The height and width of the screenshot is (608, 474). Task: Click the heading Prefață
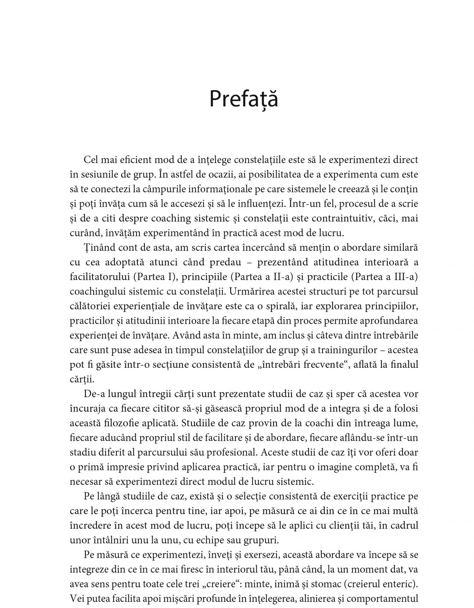243,100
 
